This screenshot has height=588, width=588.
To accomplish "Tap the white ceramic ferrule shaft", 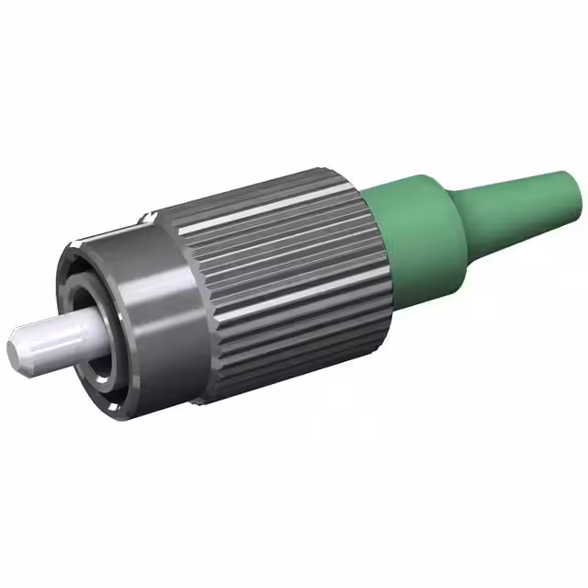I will [55, 335].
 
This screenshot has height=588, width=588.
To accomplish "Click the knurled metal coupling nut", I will [285, 276].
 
